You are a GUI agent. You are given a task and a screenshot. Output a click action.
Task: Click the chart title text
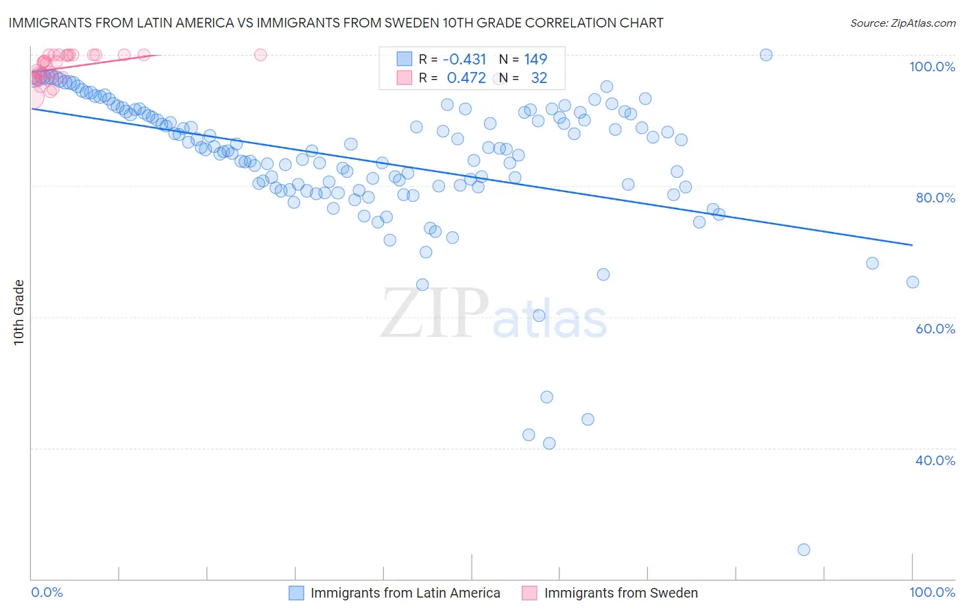point(335,23)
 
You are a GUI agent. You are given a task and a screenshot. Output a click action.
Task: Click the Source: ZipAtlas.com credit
point(902,23)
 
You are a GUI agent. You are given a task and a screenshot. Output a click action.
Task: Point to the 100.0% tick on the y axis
point(932,67)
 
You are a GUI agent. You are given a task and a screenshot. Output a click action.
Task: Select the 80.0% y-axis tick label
point(935,198)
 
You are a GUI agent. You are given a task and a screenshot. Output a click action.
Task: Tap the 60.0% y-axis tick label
point(935,329)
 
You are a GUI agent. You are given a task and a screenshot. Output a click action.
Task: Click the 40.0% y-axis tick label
point(935,460)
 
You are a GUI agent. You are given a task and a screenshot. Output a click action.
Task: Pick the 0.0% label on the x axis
point(47,592)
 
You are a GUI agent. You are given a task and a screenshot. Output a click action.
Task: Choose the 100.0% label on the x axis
point(932,592)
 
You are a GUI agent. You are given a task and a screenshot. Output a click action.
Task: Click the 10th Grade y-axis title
point(19,312)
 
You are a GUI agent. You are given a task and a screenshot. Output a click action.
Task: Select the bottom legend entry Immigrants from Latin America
point(405,593)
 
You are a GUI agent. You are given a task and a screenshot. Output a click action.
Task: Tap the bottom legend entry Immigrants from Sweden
point(620,593)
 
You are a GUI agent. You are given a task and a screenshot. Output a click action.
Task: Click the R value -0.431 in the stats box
point(464,59)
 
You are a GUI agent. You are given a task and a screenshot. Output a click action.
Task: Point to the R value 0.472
point(466,78)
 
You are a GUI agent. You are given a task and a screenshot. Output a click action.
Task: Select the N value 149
point(535,59)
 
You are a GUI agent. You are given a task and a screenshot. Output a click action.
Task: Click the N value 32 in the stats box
point(539,78)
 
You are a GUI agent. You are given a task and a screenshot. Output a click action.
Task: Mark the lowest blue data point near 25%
point(804,550)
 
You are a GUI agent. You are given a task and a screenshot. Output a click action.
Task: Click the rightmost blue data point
point(912,282)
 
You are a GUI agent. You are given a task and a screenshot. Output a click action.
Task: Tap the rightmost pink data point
point(260,55)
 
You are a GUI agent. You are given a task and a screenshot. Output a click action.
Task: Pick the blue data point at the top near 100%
point(766,55)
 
